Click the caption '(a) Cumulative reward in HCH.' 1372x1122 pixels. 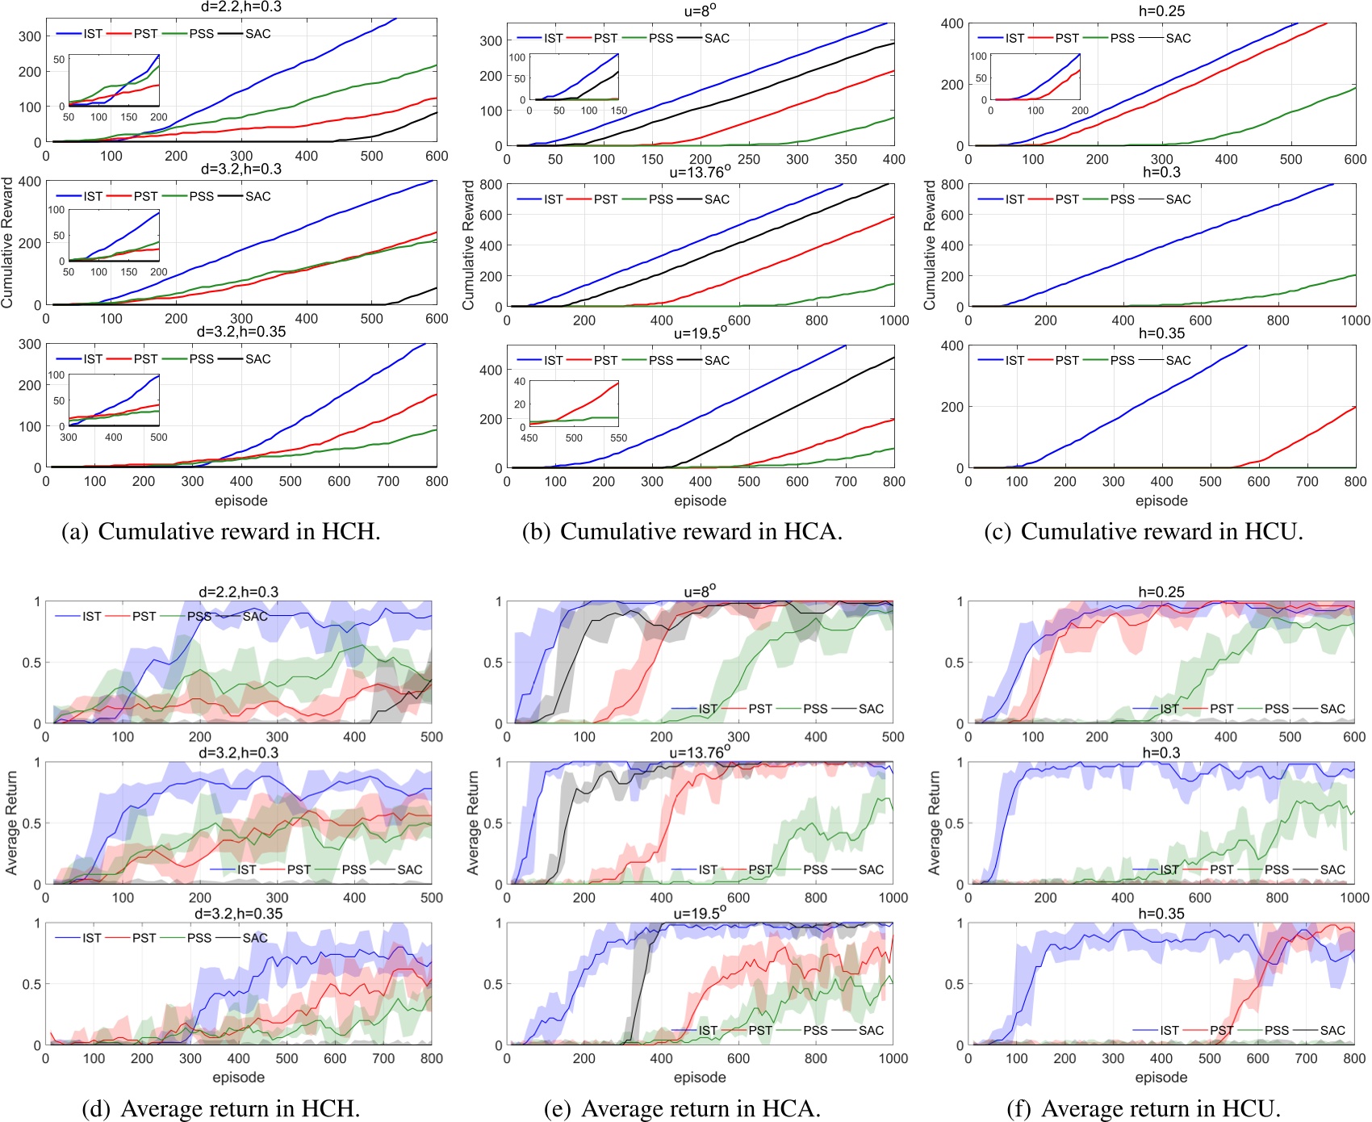pos(221,531)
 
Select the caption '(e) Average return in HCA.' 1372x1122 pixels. pos(682,1108)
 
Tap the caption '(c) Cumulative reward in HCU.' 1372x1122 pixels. pos(1144,531)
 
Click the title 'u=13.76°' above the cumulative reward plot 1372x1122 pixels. pos(700,171)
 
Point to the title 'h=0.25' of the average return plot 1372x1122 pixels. pos(1161,592)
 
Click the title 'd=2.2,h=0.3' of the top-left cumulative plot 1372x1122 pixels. pos(241,7)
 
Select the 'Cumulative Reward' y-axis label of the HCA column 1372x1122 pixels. pos(468,245)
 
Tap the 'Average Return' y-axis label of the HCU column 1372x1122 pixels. pos(935,823)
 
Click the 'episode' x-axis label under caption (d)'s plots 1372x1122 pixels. pos(238,1077)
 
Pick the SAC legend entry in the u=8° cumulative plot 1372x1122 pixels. pos(717,38)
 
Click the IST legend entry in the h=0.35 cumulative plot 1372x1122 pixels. pos(1014,360)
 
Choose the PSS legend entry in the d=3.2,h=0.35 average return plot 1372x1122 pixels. pos(199,938)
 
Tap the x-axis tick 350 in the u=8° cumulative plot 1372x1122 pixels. pos(845,159)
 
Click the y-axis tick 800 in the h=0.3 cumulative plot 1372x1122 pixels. pos(952,184)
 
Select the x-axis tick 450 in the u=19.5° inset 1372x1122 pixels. pos(529,438)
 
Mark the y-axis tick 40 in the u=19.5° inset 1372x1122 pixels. pos(520,382)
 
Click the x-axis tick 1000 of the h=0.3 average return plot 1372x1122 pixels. pos(1355,898)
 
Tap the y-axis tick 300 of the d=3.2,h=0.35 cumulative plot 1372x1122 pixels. pos(30,344)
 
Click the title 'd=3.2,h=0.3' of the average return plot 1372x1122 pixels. pos(238,752)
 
